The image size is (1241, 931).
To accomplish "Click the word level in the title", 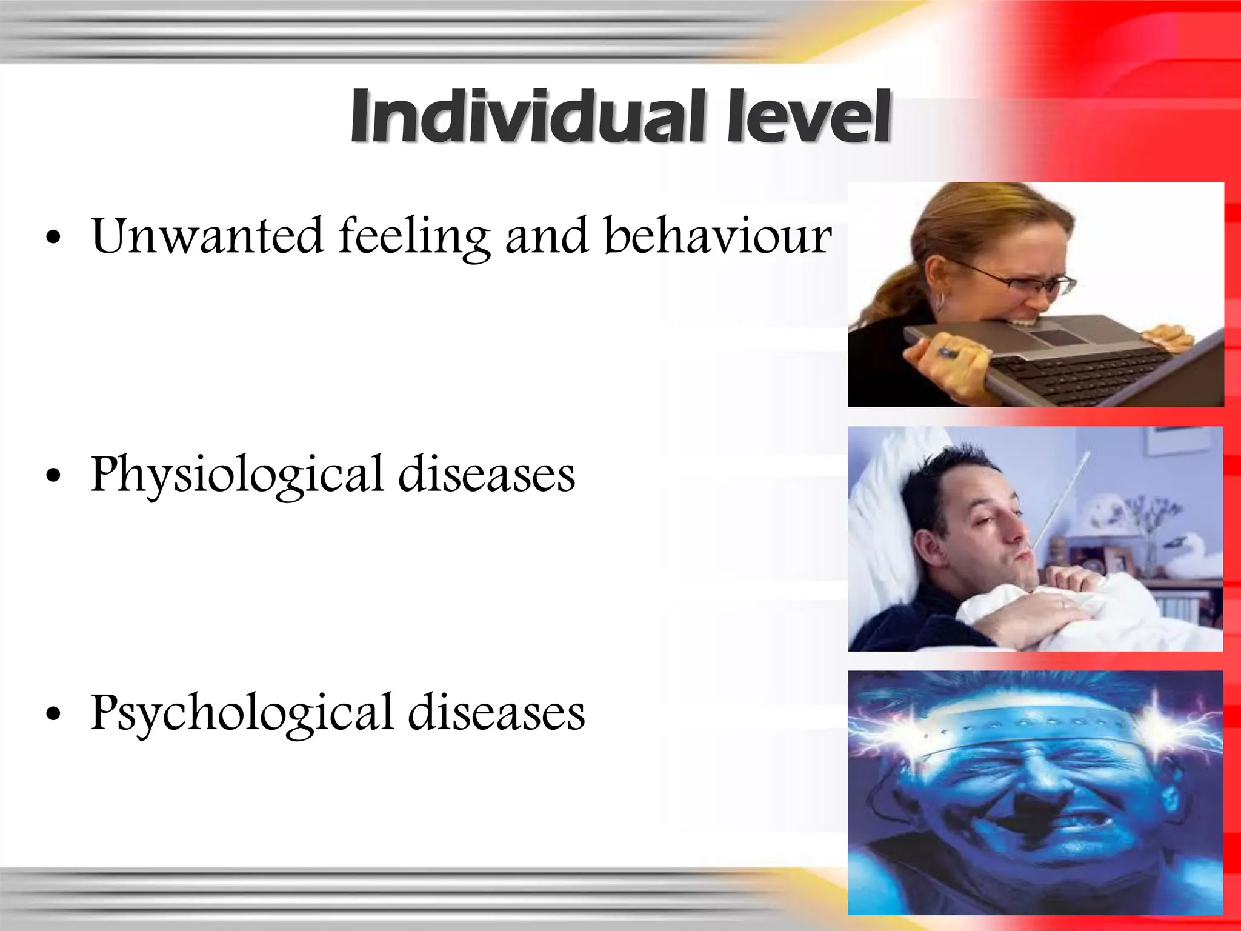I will [808, 116].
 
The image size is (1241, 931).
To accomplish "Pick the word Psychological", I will [242, 714].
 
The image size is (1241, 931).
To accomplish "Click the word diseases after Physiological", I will [487, 474].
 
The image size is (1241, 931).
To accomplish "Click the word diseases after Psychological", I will [496, 713].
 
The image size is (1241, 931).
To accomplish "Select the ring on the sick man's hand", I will [1063, 604].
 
